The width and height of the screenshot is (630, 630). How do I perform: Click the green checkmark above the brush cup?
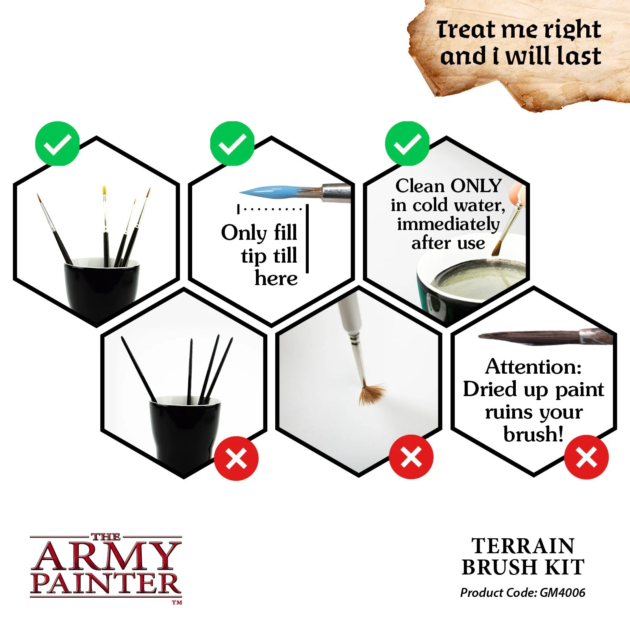click(x=57, y=143)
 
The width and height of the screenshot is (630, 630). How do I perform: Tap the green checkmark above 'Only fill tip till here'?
click(x=232, y=143)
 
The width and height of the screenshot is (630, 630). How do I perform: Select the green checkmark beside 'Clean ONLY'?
click(x=407, y=143)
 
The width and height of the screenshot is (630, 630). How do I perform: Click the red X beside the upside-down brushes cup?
click(x=236, y=458)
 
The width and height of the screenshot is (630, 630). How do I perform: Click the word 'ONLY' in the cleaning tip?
click(x=476, y=186)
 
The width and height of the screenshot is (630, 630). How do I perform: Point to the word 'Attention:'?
click(x=534, y=367)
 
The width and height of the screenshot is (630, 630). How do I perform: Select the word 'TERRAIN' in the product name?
click(x=523, y=546)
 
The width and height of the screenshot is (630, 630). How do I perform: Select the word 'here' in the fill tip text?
click(x=276, y=278)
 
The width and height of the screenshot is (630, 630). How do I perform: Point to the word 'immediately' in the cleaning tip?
click(x=448, y=224)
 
